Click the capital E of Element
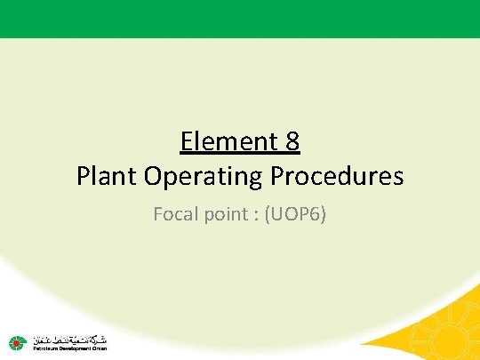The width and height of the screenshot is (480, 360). pos(187,141)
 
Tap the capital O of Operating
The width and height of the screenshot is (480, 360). pos(160,176)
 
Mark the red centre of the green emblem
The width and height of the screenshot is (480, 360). pos(17,343)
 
